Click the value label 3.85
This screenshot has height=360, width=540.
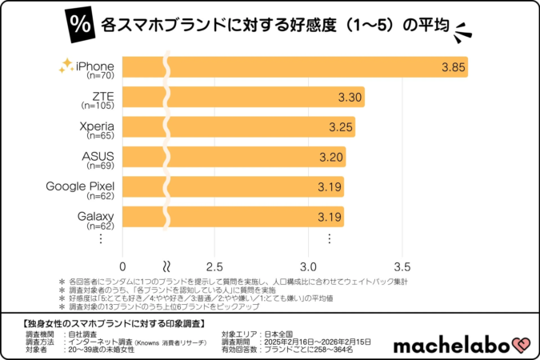[453, 67]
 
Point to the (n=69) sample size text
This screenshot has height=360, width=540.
[102, 166]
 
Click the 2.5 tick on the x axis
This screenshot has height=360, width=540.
[214, 266]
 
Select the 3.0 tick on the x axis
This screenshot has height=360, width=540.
[308, 266]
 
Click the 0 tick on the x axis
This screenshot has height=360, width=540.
[123, 266]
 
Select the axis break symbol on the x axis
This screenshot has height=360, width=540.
[166, 266]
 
